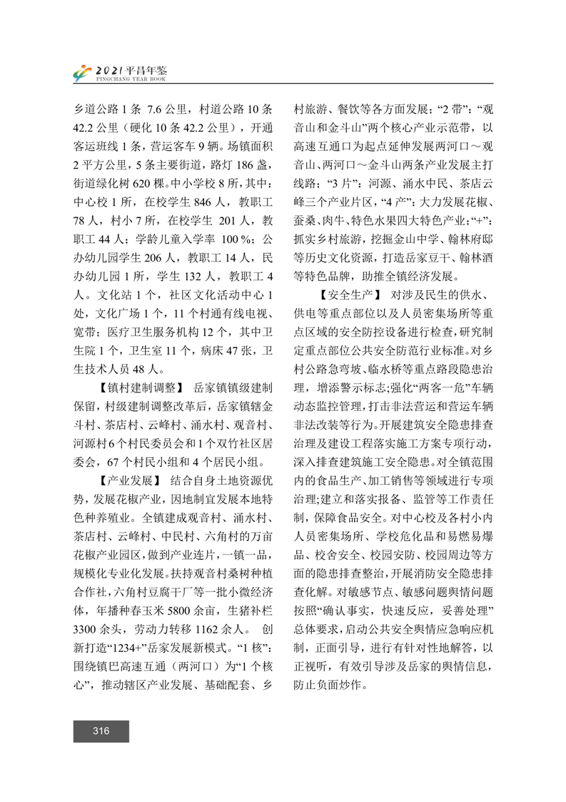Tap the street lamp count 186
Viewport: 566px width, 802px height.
pos(236,166)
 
